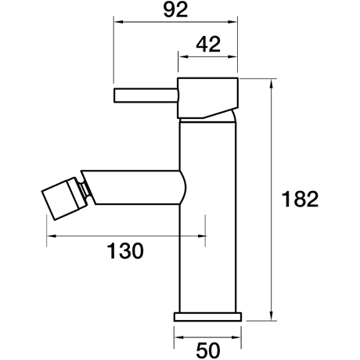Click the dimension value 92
click(x=175, y=10)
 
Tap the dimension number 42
click(x=208, y=45)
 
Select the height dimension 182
click(x=300, y=200)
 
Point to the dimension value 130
click(x=125, y=251)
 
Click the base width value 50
click(x=208, y=350)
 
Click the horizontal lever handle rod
click(x=146, y=95)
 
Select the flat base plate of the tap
click(x=207, y=317)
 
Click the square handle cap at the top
click(x=208, y=98)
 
